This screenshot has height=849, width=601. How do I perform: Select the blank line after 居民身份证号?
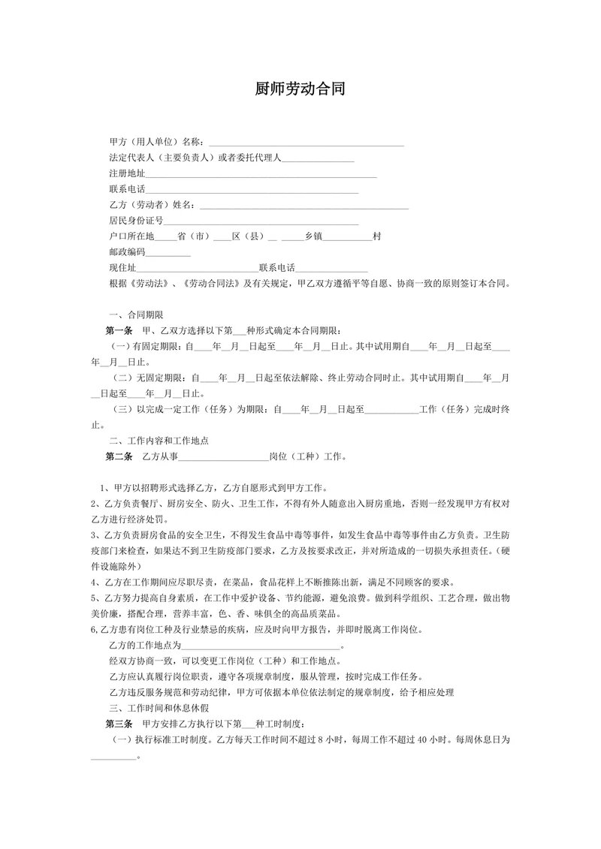[x=261, y=220]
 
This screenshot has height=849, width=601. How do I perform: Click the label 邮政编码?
[x=126, y=251]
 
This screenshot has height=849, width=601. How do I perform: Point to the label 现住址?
[x=122, y=267]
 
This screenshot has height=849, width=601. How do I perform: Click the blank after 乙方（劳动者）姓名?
[x=304, y=204]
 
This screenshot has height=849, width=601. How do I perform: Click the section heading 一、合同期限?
[x=136, y=315]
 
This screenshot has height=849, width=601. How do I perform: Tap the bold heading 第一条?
[x=119, y=330]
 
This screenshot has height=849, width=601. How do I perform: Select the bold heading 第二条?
[x=119, y=456]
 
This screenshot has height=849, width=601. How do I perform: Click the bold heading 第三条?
[x=119, y=724]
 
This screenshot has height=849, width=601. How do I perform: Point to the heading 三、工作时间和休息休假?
[x=159, y=708]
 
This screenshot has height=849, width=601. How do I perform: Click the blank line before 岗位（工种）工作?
[x=223, y=456]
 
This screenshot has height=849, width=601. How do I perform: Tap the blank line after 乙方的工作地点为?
[x=261, y=646]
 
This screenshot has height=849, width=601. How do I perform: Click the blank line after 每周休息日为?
[x=113, y=755]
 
